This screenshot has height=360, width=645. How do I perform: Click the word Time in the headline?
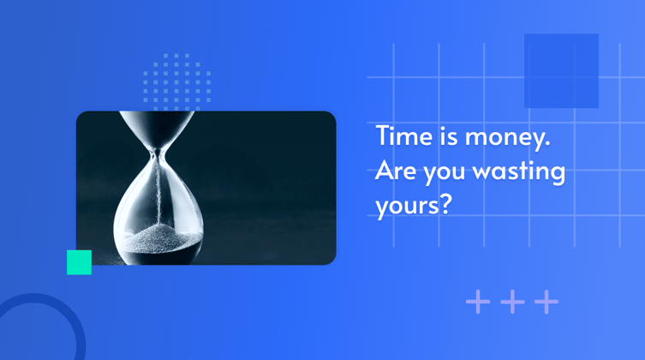click(x=399, y=137)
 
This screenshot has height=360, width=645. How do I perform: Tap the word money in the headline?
click(x=498, y=139)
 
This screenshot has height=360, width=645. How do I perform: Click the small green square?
click(x=79, y=262)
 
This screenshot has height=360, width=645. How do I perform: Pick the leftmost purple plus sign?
click(x=478, y=302)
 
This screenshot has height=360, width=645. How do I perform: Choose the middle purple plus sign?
click(x=512, y=302)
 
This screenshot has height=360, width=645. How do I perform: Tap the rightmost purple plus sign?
click(x=546, y=302)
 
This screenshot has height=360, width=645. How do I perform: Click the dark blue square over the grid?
click(x=561, y=70)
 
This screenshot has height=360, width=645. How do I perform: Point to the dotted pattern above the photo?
click(x=176, y=81)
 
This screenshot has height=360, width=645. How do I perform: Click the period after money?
click(x=546, y=144)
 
